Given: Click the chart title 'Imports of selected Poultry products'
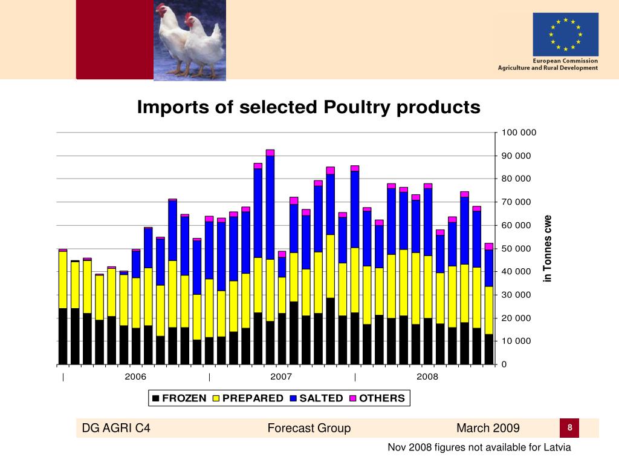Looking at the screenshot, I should point(308,107).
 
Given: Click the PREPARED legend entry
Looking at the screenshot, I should point(248,398).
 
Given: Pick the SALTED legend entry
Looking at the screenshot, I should point(316,398).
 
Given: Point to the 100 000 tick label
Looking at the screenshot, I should point(519,133).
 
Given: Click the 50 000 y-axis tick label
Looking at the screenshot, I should point(516,249).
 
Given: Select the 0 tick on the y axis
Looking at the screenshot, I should point(504,364).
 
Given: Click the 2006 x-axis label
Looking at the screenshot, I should point(135,377).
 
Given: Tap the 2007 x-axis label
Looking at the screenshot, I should point(281,377).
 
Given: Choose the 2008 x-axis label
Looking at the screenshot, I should point(427,377).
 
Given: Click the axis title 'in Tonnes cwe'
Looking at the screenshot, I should point(548,248).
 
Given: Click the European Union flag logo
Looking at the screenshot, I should point(565,35).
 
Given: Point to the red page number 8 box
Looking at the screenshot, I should point(569,428).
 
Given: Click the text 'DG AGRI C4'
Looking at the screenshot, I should point(116,429).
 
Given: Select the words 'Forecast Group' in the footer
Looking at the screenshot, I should point(309,429).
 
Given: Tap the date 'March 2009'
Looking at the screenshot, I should point(488,429).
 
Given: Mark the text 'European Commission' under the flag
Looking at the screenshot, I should point(565,61).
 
